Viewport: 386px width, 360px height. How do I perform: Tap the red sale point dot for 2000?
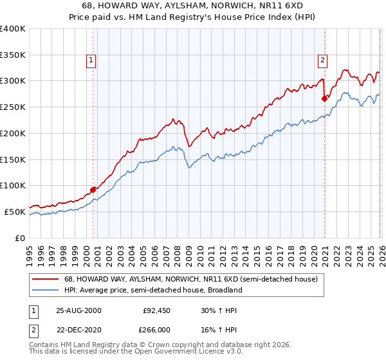(93, 189)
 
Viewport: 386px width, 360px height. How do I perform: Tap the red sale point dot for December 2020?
(324, 98)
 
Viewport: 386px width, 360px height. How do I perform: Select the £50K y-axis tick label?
(14, 212)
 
